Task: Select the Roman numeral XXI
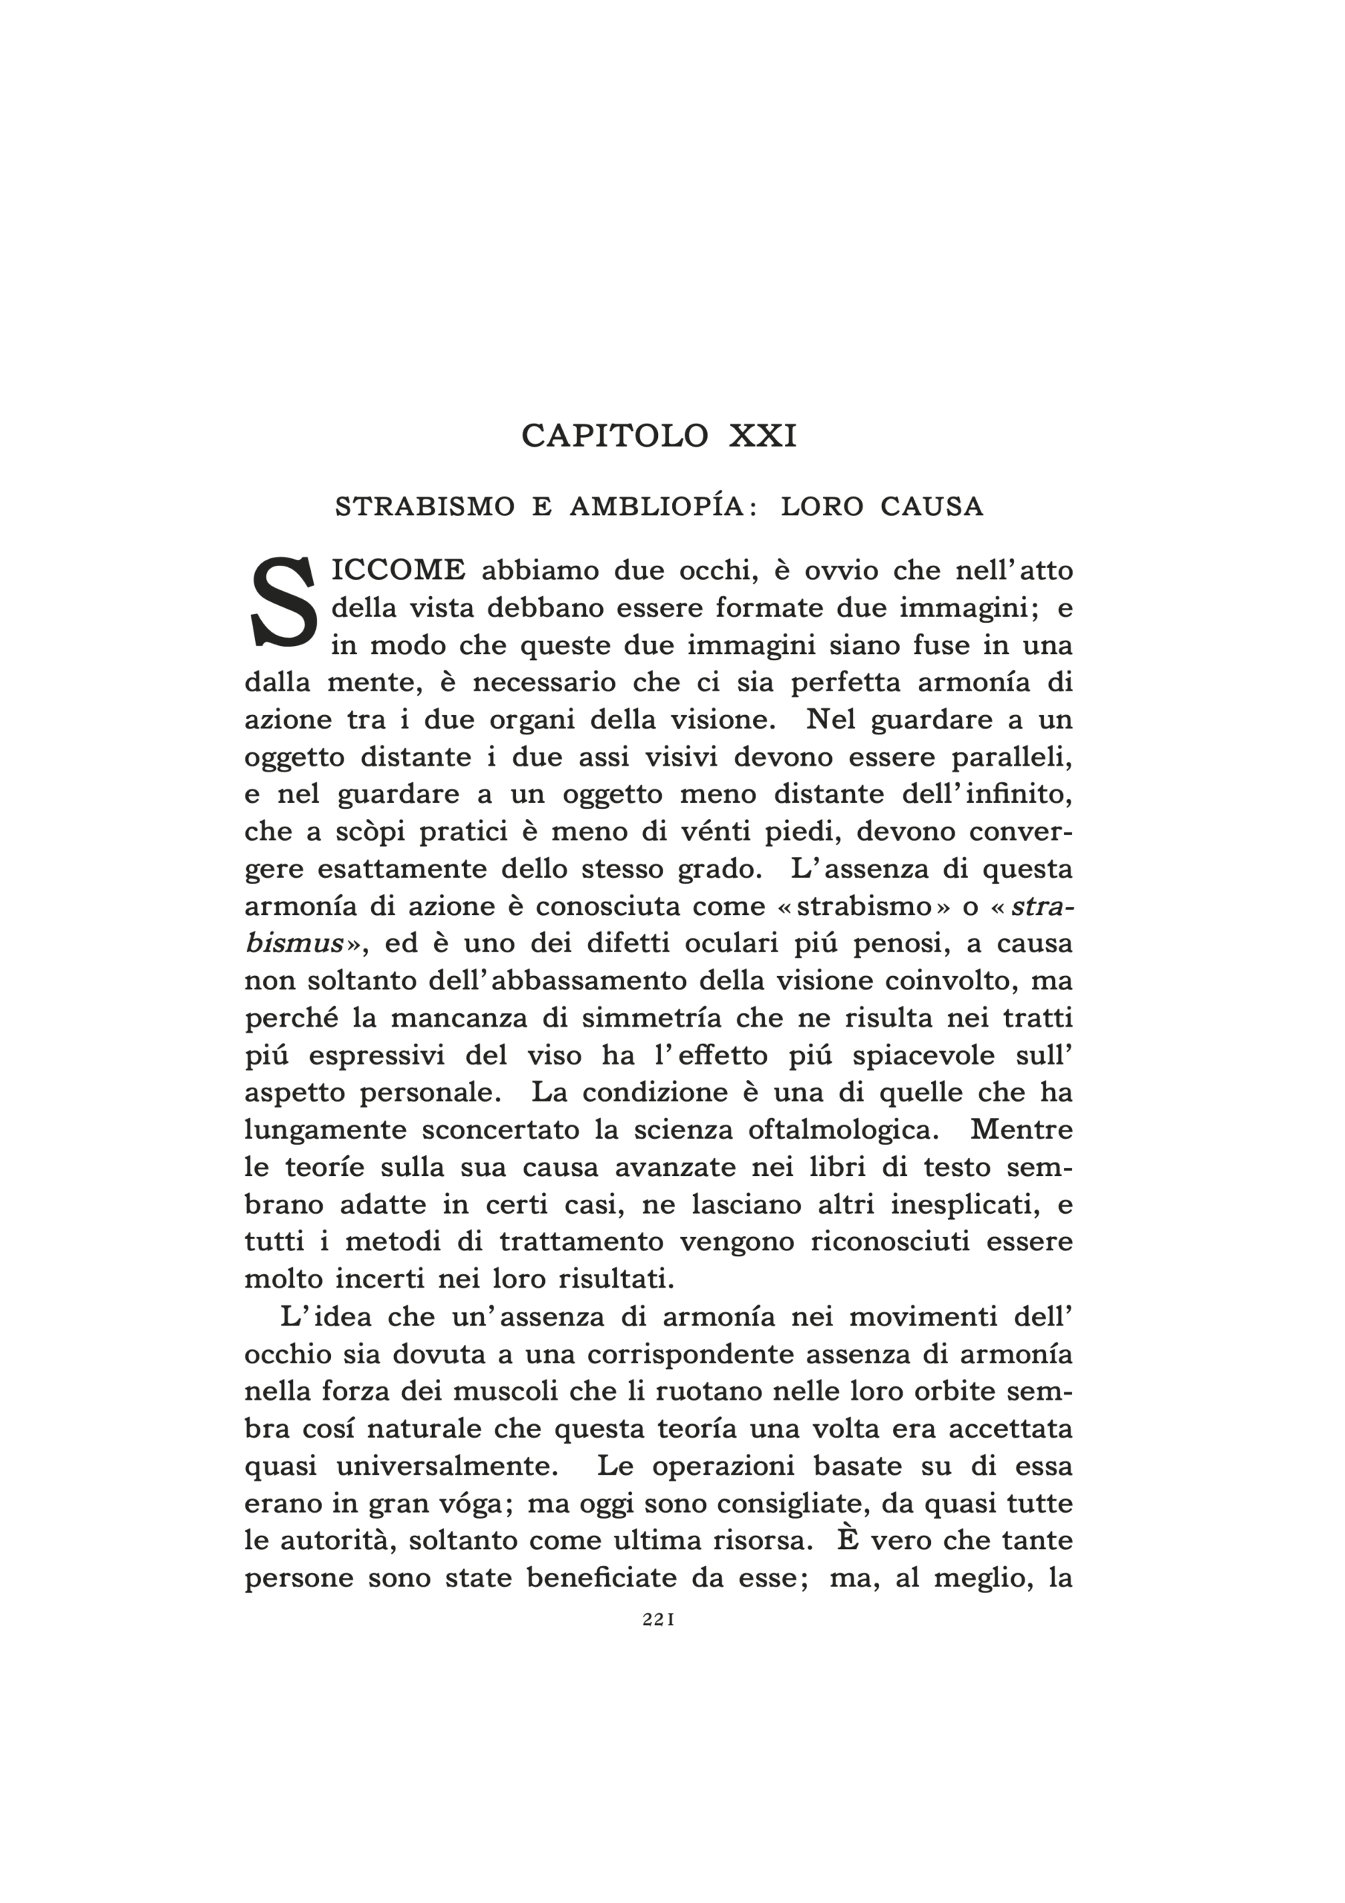pos(763,436)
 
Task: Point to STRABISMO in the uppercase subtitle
pos(425,506)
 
